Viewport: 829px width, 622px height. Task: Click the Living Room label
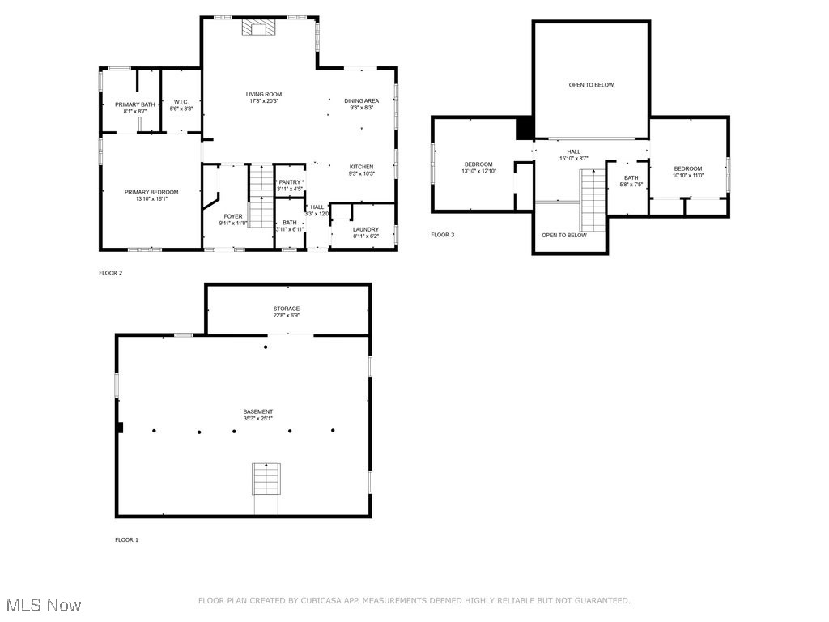click(x=264, y=94)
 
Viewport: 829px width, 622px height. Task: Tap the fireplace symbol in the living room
click(x=259, y=29)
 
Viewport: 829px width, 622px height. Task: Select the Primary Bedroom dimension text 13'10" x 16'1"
click(x=151, y=199)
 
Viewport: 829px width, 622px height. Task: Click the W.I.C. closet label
click(x=181, y=102)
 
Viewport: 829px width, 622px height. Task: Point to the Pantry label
click(x=290, y=182)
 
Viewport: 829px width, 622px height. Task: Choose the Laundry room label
click(x=366, y=229)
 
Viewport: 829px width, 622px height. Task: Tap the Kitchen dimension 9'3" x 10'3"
click(x=362, y=174)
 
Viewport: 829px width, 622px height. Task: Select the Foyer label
click(x=233, y=216)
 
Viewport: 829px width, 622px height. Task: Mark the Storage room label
click(x=287, y=309)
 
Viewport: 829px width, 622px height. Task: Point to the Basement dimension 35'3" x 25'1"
click(x=258, y=419)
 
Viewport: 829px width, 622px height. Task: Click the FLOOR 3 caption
click(x=443, y=235)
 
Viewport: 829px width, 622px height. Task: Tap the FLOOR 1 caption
click(x=127, y=539)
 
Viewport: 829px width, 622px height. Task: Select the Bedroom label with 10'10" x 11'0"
click(x=689, y=168)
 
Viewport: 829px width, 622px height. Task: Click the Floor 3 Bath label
click(x=631, y=177)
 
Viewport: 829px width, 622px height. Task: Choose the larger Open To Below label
click(x=591, y=85)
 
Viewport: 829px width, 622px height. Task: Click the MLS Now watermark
click(x=43, y=604)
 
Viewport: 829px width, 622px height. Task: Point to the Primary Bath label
click(x=134, y=104)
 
